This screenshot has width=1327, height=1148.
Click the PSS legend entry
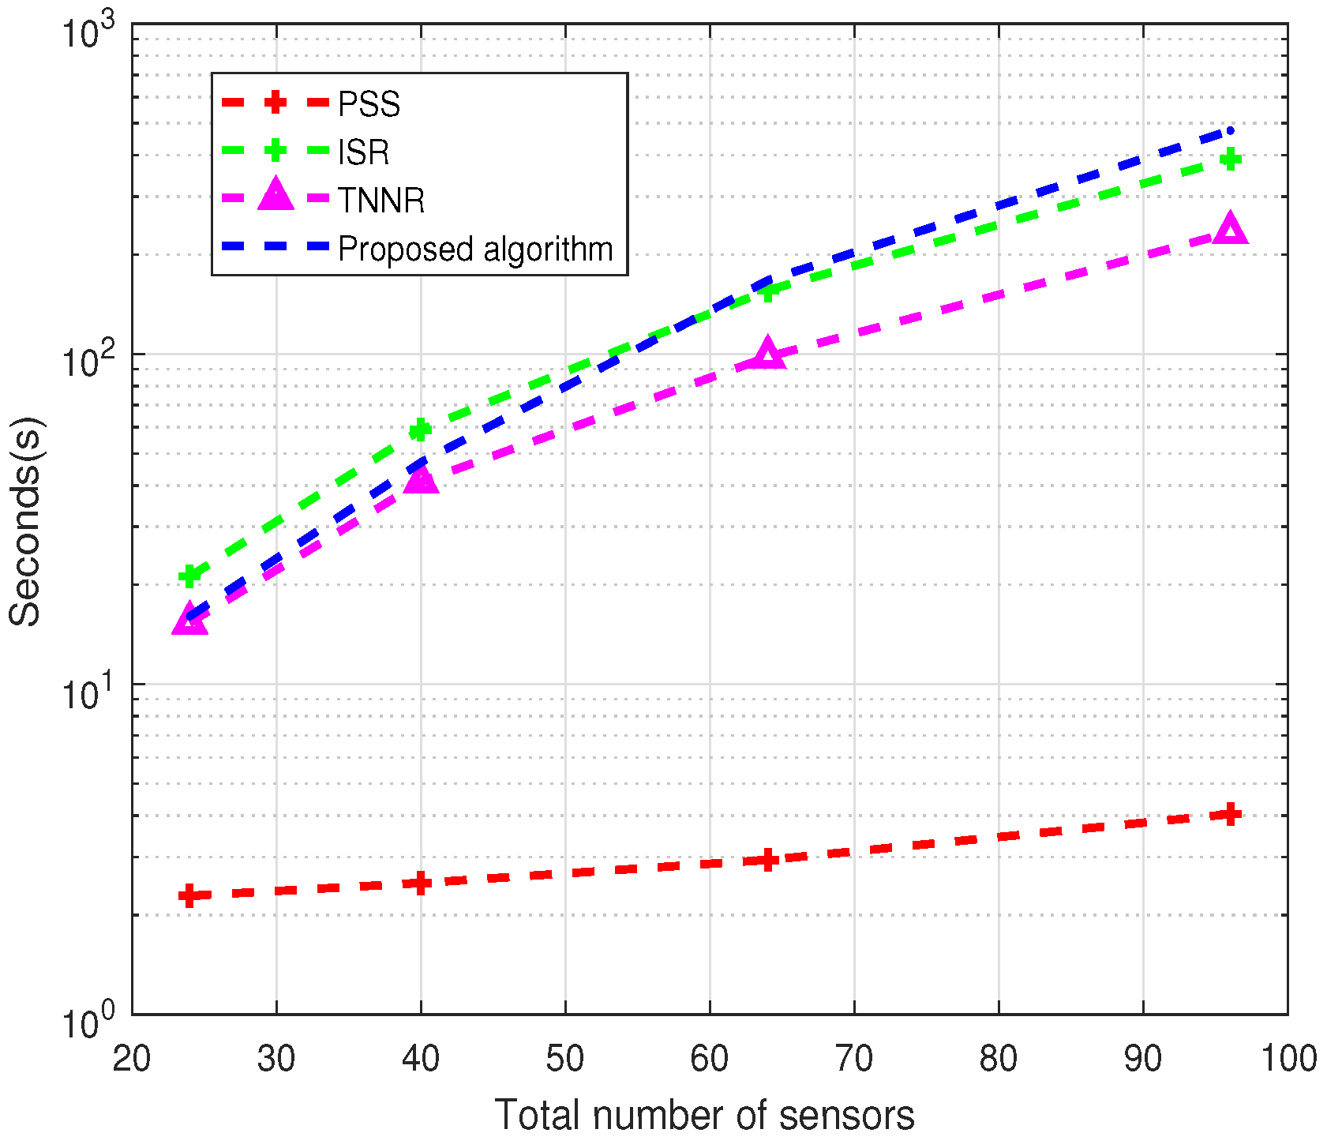point(369,104)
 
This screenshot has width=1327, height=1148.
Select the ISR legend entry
point(363,152)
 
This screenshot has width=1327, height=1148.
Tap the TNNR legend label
point(381,201)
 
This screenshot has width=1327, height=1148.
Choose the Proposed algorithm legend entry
point(475,249)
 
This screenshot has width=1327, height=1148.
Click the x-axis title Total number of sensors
point(704,1116)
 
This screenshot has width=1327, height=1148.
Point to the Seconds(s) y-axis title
point(25,521)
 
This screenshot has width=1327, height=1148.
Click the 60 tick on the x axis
point(709,1058)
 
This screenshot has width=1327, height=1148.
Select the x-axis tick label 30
point(276,1058)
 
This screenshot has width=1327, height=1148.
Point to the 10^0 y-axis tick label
point(87,1020)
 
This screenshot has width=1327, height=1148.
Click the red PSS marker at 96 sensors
point(1230,814)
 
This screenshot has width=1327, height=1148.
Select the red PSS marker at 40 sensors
point(421,883)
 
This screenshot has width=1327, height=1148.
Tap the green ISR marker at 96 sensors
point(1230,159)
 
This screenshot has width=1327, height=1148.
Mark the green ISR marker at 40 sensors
point(421,430)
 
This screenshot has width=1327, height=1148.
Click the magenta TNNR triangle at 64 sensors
point(767,355)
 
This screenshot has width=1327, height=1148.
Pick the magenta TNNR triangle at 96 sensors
point(1230,230)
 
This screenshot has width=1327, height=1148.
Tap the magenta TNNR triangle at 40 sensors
point(421,479)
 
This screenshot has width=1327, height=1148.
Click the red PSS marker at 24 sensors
point(189,895)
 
